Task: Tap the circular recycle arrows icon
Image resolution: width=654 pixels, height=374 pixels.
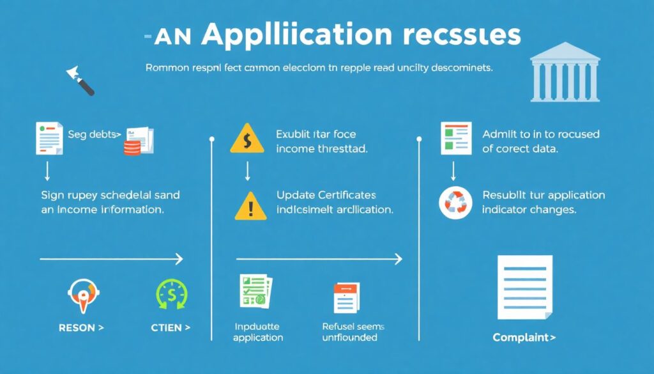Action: click(x=455, y=203)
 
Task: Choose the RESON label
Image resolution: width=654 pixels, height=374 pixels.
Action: click(x=81, y=328)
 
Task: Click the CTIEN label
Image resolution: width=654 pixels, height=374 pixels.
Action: click(x=171, y=328)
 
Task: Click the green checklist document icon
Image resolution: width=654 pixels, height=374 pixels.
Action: click(x=255, y=293)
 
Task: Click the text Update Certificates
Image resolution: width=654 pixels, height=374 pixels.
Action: click(x=326, y=195)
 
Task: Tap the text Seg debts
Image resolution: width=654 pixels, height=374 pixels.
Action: click(x=94, y=135)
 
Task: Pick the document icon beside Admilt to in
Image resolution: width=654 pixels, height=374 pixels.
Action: click(x=455, y=137)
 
